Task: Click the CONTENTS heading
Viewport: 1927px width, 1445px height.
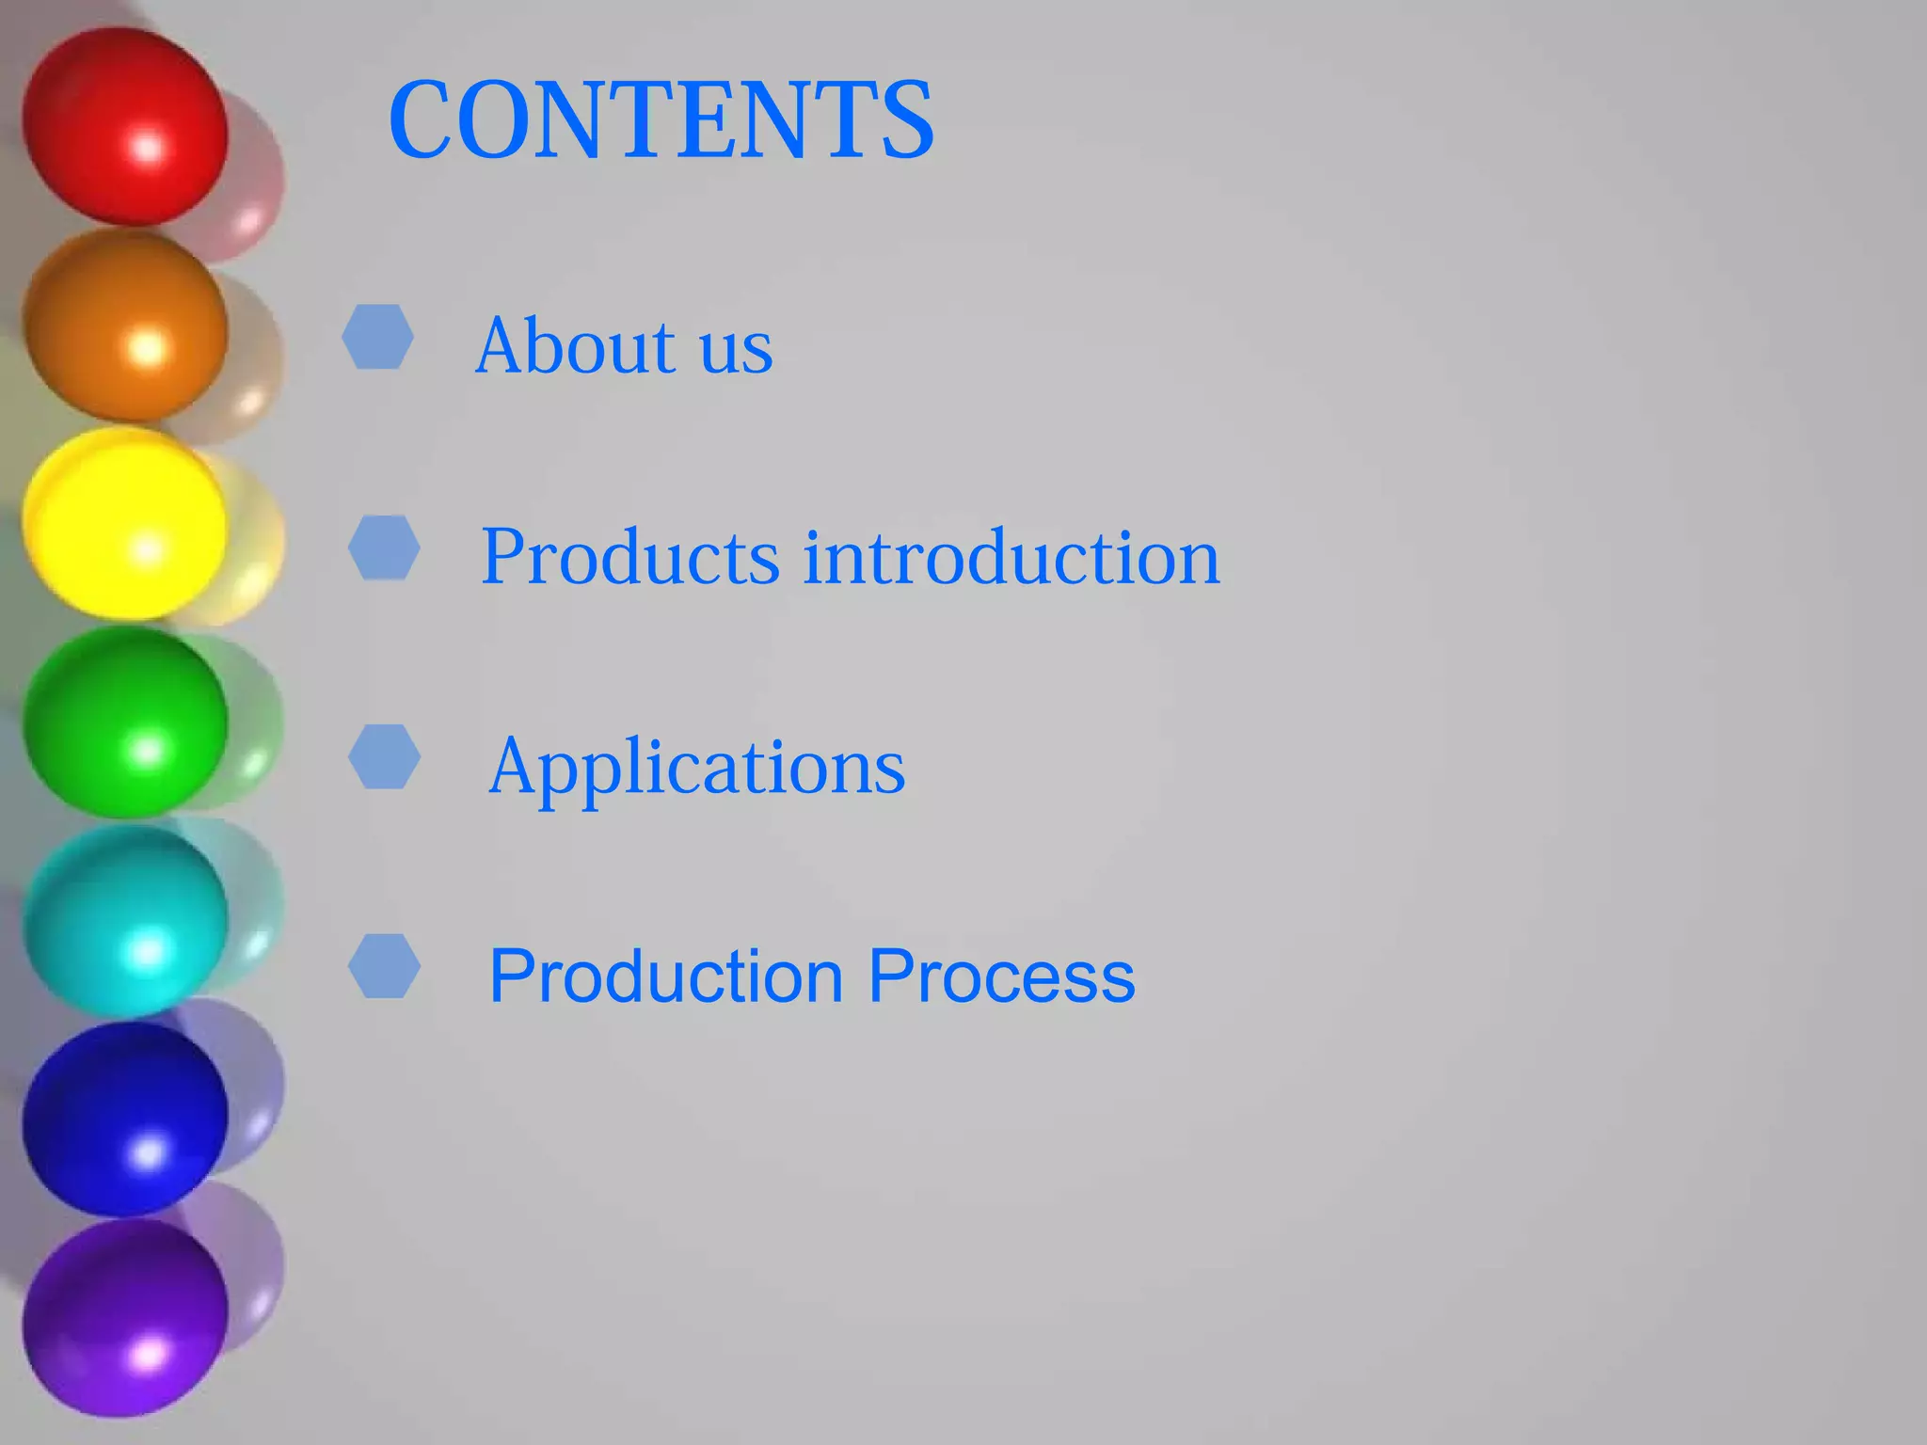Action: (x=661, y=120)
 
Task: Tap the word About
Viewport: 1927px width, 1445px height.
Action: (x=575, y=346)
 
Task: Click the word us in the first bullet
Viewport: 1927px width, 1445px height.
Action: (x=736, y=350)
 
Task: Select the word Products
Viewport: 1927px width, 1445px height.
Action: (x=629, y=557)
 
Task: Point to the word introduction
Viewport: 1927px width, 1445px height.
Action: (x=1011, y=557)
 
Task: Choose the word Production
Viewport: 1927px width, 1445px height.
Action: (x=666, y=977)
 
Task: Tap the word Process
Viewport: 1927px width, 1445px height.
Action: (x=1001, y=977)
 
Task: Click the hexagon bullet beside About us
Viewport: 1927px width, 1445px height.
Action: (x=377, y=336)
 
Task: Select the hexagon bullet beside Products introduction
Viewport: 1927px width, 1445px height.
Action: (x=384, y=547)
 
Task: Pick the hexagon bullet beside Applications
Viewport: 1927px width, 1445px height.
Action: (x=384, y=756)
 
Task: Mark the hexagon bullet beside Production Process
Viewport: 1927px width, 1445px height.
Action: (x=384, y=966)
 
